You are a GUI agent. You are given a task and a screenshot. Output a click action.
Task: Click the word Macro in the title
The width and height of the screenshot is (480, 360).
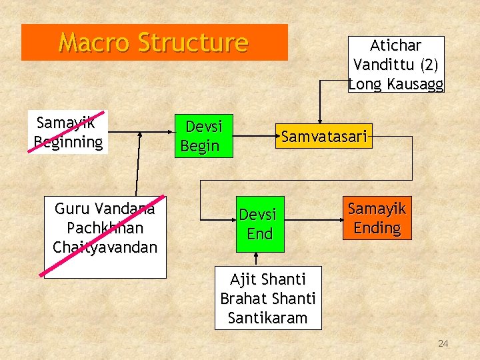(x=94, y=43)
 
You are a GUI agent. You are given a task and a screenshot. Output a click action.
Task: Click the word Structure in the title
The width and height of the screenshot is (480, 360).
(x=193, y=43)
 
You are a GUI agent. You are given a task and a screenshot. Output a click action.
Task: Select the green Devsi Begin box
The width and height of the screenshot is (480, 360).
(x=204, y=137)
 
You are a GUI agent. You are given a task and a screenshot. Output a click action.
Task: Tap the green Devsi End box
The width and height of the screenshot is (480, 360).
(x=259, y=224)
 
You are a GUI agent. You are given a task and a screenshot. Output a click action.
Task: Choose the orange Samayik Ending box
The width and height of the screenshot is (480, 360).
(x=377, y=218)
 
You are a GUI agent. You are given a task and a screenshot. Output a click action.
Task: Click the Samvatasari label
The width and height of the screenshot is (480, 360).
(x=324, y=137)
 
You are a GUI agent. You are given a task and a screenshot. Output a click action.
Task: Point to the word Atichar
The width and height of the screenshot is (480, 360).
(x=395, y=46)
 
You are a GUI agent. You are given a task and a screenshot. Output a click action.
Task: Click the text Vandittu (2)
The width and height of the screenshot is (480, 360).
(x=395, y=65)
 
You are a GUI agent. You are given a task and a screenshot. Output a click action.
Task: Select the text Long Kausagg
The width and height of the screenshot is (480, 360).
(x=395, y=83)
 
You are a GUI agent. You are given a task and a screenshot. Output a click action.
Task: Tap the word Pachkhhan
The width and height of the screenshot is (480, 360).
(x=105, y=228)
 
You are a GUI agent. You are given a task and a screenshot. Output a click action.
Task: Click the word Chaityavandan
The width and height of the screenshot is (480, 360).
(x=105, y=247)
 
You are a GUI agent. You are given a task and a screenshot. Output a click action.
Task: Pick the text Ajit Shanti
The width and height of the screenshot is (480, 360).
(x=268, y=279)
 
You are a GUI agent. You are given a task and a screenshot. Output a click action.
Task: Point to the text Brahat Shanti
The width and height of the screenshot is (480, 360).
(x=268, y=299)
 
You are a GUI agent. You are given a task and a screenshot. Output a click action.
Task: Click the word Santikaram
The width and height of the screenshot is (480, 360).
(x=268, y=318)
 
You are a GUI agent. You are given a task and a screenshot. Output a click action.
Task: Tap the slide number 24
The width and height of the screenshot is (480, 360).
(x=443, y=344)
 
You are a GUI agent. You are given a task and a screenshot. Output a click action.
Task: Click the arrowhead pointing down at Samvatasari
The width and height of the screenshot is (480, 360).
(x=319, y=120)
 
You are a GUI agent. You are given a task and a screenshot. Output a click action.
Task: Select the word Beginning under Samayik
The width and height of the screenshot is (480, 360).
(x=69, y=141)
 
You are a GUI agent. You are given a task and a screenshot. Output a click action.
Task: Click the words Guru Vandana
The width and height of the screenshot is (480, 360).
(x=105, y=209)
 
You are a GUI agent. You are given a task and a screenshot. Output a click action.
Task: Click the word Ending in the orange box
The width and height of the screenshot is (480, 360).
(x=377, y=228)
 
